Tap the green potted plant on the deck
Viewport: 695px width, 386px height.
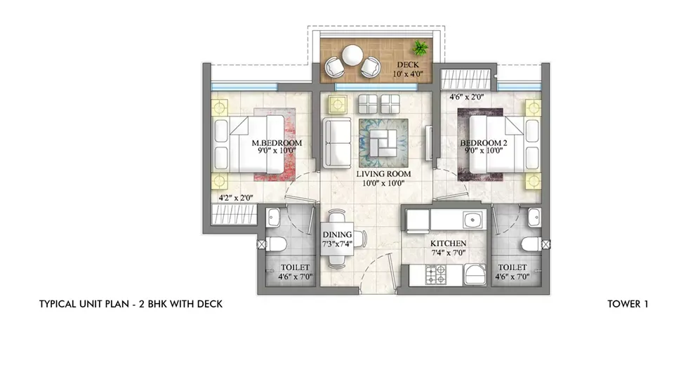[x=421, y=48]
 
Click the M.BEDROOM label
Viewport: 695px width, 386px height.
[x=277, y=143]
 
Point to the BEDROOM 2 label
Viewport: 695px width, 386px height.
[x=484, y=143]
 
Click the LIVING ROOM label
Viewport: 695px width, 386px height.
[x=383, y=173]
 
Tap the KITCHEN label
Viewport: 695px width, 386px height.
[x=449, y=244]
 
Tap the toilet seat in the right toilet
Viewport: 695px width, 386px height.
[x=531, y=244]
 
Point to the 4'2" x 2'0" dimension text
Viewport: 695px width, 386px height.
[x=236, y=199]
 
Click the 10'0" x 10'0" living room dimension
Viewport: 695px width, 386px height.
[x=383, y=182]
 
